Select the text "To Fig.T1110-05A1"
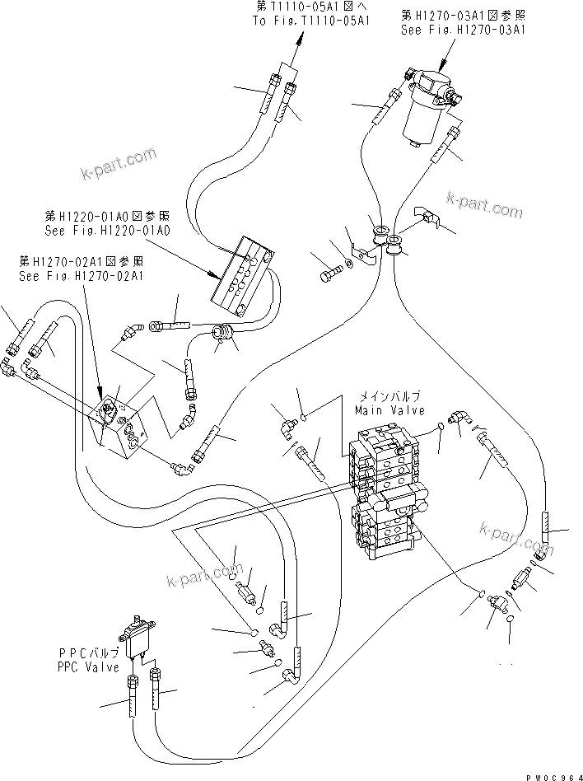[x=301, y=22]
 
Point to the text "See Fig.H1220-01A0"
[x=107, y=231]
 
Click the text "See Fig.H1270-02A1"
[x=81, y=276]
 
